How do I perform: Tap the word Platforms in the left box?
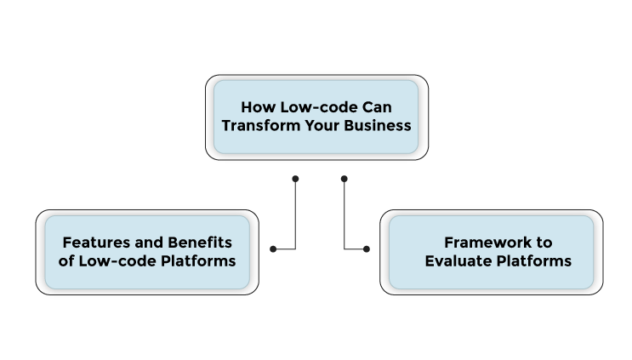pos(196,260)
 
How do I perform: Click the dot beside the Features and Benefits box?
pos(273,249)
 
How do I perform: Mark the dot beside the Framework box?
pos(367,249)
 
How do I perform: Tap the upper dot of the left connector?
pos(295,179)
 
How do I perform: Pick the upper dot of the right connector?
pos(344,179)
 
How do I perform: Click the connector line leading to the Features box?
pos(295,217)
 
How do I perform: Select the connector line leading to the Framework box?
pos(344,217)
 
